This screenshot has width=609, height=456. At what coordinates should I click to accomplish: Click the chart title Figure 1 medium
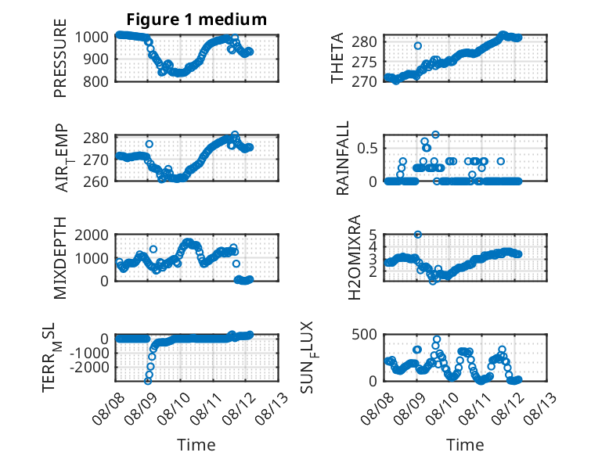coord(196,19)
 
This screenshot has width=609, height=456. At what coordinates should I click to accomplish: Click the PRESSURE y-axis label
coord(60,58)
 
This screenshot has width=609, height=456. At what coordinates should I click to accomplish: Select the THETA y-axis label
coord(337,58)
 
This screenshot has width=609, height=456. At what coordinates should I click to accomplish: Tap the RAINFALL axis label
coord(343,158)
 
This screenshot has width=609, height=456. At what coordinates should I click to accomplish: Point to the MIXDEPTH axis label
coord(60,258)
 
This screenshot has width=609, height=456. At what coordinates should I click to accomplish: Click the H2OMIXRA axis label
coord(355,257)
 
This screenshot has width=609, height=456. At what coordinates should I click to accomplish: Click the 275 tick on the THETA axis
coord(364,62)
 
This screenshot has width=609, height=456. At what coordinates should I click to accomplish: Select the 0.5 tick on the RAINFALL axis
coord(367,149)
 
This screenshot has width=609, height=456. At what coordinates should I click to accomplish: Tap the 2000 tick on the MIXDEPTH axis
coord(92,235)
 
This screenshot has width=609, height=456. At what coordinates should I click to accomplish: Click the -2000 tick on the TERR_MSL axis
coord(89,367)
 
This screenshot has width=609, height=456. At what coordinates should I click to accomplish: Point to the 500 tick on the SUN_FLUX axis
coord(364,334)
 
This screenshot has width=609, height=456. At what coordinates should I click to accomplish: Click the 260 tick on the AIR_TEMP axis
coord(95,181)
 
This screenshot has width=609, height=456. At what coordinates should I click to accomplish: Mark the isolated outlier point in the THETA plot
coord(417,46)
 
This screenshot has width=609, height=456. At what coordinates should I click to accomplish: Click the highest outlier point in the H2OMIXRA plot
coord(417,235)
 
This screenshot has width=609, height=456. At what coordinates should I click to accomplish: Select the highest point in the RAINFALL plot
coord(435,135)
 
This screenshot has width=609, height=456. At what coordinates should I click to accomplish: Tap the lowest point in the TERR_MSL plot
coord(148,381)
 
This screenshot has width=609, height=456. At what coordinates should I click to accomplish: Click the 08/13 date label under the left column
coord(272,408)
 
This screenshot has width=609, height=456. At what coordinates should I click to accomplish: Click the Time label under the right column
coord(465,445)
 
